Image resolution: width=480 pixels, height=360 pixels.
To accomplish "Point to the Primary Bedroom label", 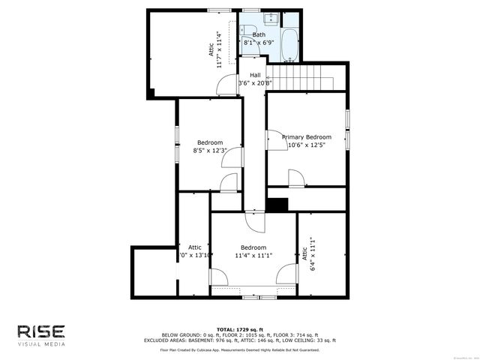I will (x=307, y=137).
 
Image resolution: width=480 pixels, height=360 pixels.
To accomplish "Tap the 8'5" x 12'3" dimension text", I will (x=210, y=151).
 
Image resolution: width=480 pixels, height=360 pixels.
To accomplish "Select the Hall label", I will (x=255, y=75).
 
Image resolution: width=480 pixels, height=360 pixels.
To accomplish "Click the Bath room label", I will (x=259, y=34).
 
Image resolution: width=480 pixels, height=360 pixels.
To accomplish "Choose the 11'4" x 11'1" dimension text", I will (x=253, y=256).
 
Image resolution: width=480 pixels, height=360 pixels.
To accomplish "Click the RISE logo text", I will (x=42, y=331).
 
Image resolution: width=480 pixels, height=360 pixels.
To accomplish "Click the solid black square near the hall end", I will (x=277, y=205).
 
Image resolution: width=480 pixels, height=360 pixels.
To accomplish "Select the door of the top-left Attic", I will (x=225, y=86).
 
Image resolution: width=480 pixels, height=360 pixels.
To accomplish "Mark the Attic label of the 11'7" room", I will (x=211, y=49).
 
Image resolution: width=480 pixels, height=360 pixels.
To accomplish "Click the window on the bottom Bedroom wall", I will (x=253, y=297).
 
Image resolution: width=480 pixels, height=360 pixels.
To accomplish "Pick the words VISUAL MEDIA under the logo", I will (x=41, y=345).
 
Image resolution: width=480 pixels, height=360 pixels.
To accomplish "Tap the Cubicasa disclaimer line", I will (x=240, y=349).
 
